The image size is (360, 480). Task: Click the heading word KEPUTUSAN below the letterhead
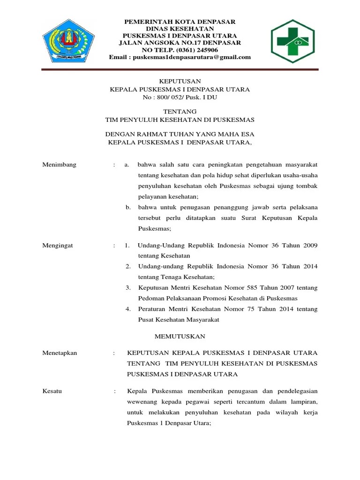pos(180,82)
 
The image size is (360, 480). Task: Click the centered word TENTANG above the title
pos(180,112)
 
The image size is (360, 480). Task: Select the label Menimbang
pos(59,165)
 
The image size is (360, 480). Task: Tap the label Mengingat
pos(58,245)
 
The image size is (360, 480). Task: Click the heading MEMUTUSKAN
pos(180,337)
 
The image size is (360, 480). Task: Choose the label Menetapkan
pos(60,353)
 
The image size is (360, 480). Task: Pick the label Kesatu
pos(52,390)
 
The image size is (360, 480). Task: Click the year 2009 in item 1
pos(310,245)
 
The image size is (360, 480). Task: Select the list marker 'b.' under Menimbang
pos(128,207)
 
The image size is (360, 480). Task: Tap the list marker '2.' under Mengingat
pos(128,266)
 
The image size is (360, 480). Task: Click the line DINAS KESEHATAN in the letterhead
pos(180,29)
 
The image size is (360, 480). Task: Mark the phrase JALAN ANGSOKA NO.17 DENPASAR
pos(180,43)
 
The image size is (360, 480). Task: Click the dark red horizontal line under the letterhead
pos(180,70)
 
